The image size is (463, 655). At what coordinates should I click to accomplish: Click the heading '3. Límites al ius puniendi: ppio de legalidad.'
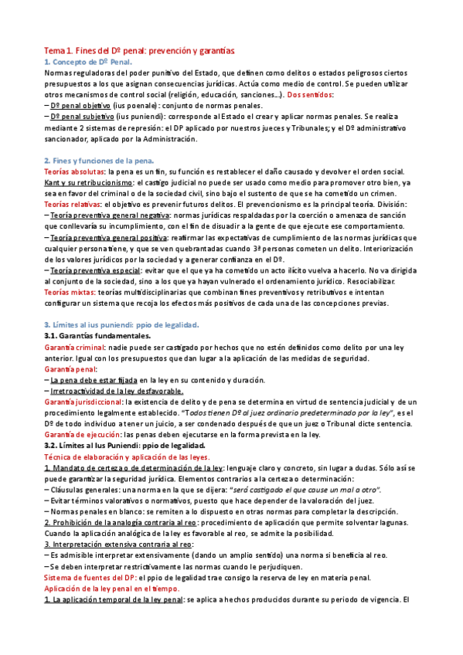[122, 324]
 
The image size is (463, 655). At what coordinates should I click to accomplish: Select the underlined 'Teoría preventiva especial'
[97, 271]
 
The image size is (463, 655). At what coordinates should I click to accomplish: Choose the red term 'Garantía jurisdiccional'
[83, 402]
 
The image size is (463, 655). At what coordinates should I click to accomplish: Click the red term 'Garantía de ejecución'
[83, 436]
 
